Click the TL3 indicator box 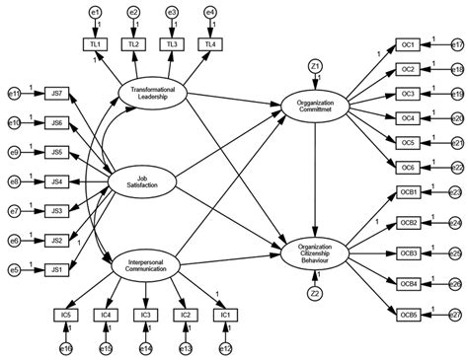172,44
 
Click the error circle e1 96,12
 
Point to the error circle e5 14,268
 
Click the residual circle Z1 314,65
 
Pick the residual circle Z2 314,293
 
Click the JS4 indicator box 56,180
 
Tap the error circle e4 210,12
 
